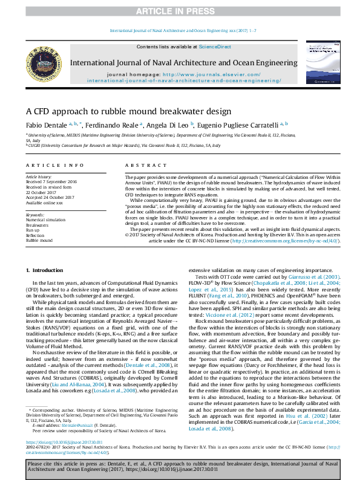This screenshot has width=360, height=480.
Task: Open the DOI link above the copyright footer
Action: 62,443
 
